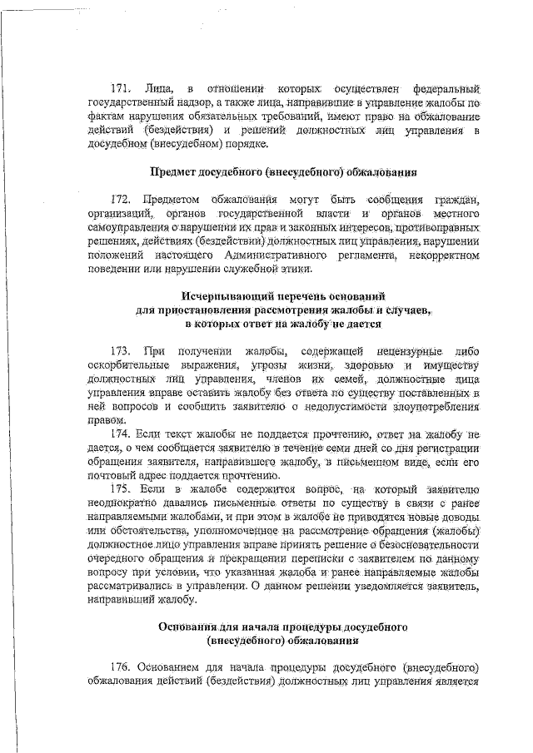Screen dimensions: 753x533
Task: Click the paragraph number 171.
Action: tap(122, 87)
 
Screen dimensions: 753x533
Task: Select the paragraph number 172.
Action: tap(122, 200)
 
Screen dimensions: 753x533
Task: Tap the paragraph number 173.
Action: tap(122, 351)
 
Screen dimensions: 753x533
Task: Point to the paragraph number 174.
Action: tap(122, 433)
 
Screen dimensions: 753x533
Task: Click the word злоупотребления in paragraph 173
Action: tap(436, 406)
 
